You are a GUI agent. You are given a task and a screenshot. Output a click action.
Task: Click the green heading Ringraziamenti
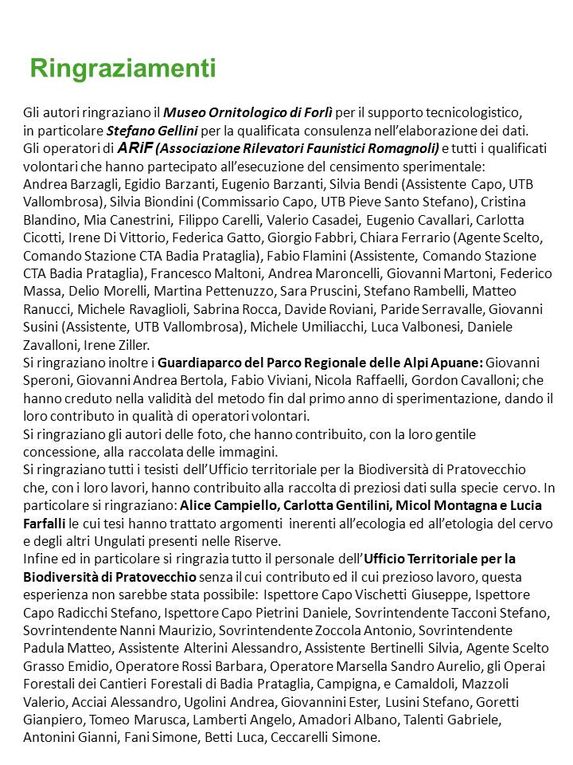click(123, 69)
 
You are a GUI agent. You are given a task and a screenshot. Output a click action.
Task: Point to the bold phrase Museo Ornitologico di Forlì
click(250, 113)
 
